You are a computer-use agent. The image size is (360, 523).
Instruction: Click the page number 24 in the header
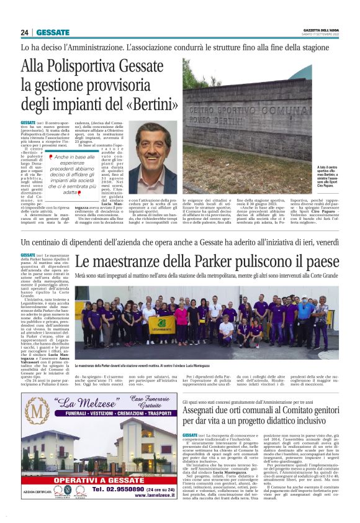25,32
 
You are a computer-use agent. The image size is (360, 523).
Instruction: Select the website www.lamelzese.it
150,496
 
